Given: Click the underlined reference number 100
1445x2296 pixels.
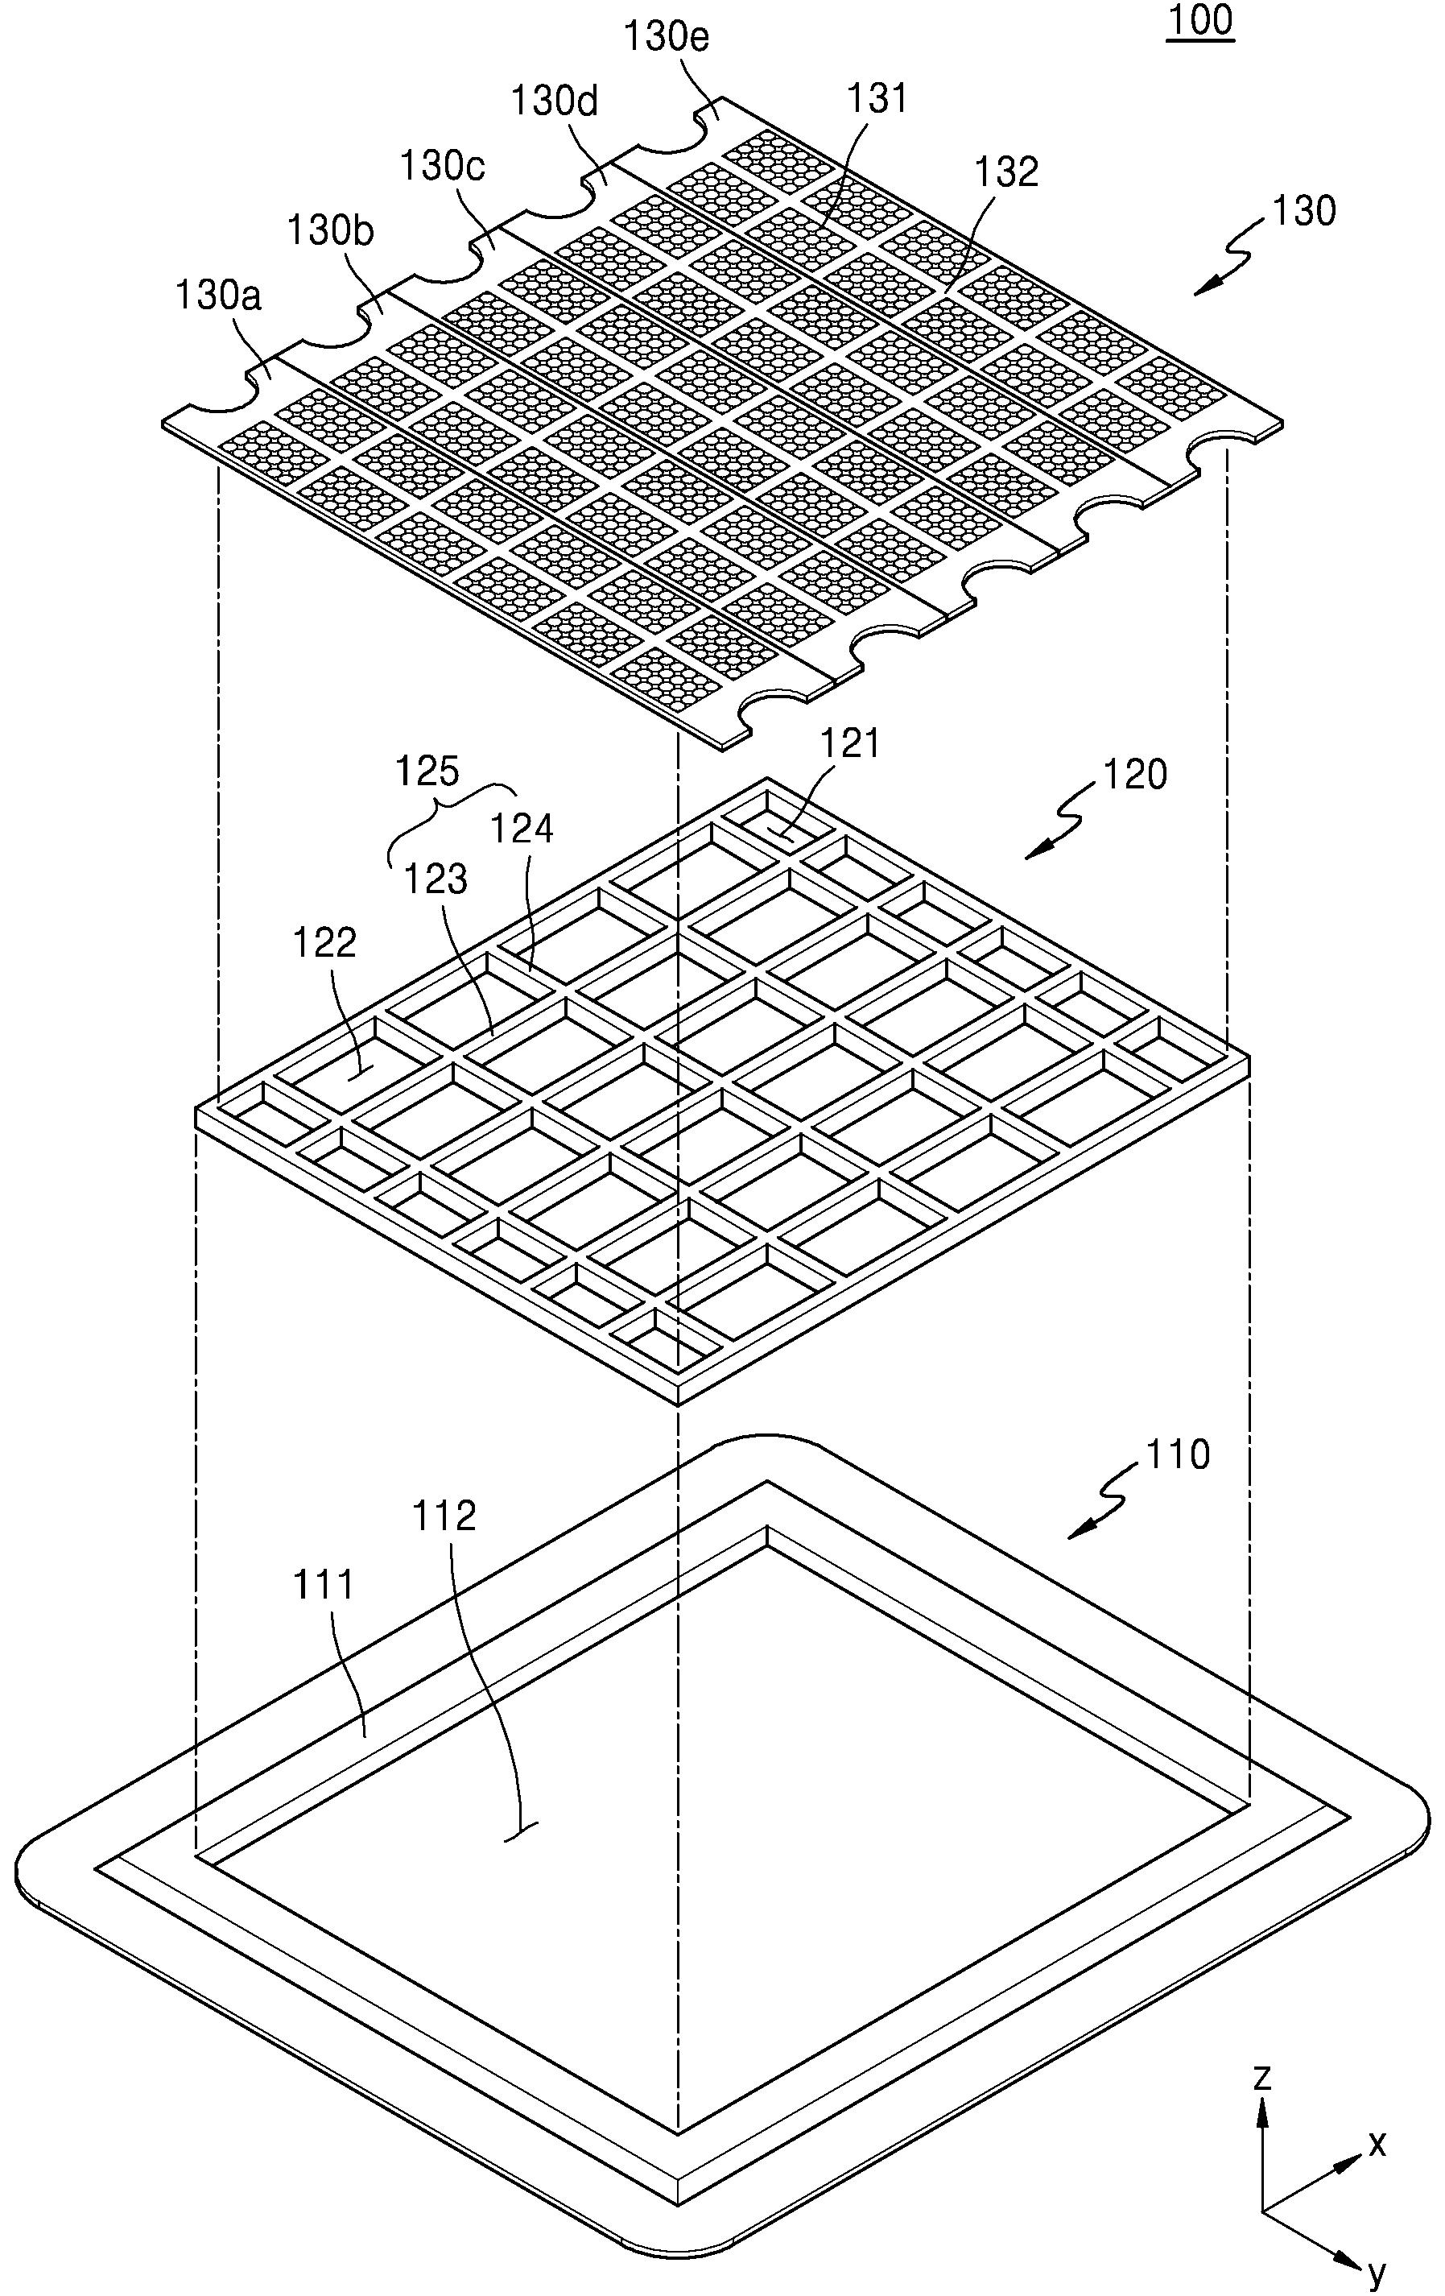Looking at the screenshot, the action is coord(1201,21).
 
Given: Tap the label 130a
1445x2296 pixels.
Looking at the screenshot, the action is coord(218,296).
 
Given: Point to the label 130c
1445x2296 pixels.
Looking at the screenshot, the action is coord(442,166).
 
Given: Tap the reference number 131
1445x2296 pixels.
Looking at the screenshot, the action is coord(877,99).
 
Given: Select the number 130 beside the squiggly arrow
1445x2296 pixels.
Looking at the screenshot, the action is coord(1303,211).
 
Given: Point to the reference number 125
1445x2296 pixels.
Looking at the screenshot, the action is coord(428,771).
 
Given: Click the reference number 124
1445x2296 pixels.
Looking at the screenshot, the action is coord(522,829).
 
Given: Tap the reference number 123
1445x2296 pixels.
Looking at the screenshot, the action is coord(435,880).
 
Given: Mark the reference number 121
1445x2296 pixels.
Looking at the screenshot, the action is coord(851,743).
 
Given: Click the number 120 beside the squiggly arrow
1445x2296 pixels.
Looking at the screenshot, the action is coord(1135,776).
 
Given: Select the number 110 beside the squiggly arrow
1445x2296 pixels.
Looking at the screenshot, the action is coord(1177,1454).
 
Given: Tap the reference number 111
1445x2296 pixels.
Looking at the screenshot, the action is coord(324,1585).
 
